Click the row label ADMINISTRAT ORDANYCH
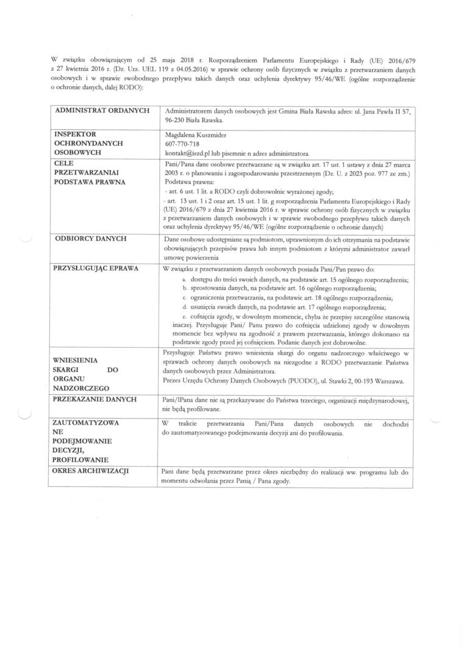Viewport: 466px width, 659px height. pyautogui.click(x=102, y=111)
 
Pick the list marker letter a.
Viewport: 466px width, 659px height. pyautogui.click(x=176, y=279)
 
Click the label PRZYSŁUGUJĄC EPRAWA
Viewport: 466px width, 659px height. pyautogui.click(x=96, y=268)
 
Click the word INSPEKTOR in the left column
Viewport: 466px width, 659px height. pyautogui.click(x=76, y=133)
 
